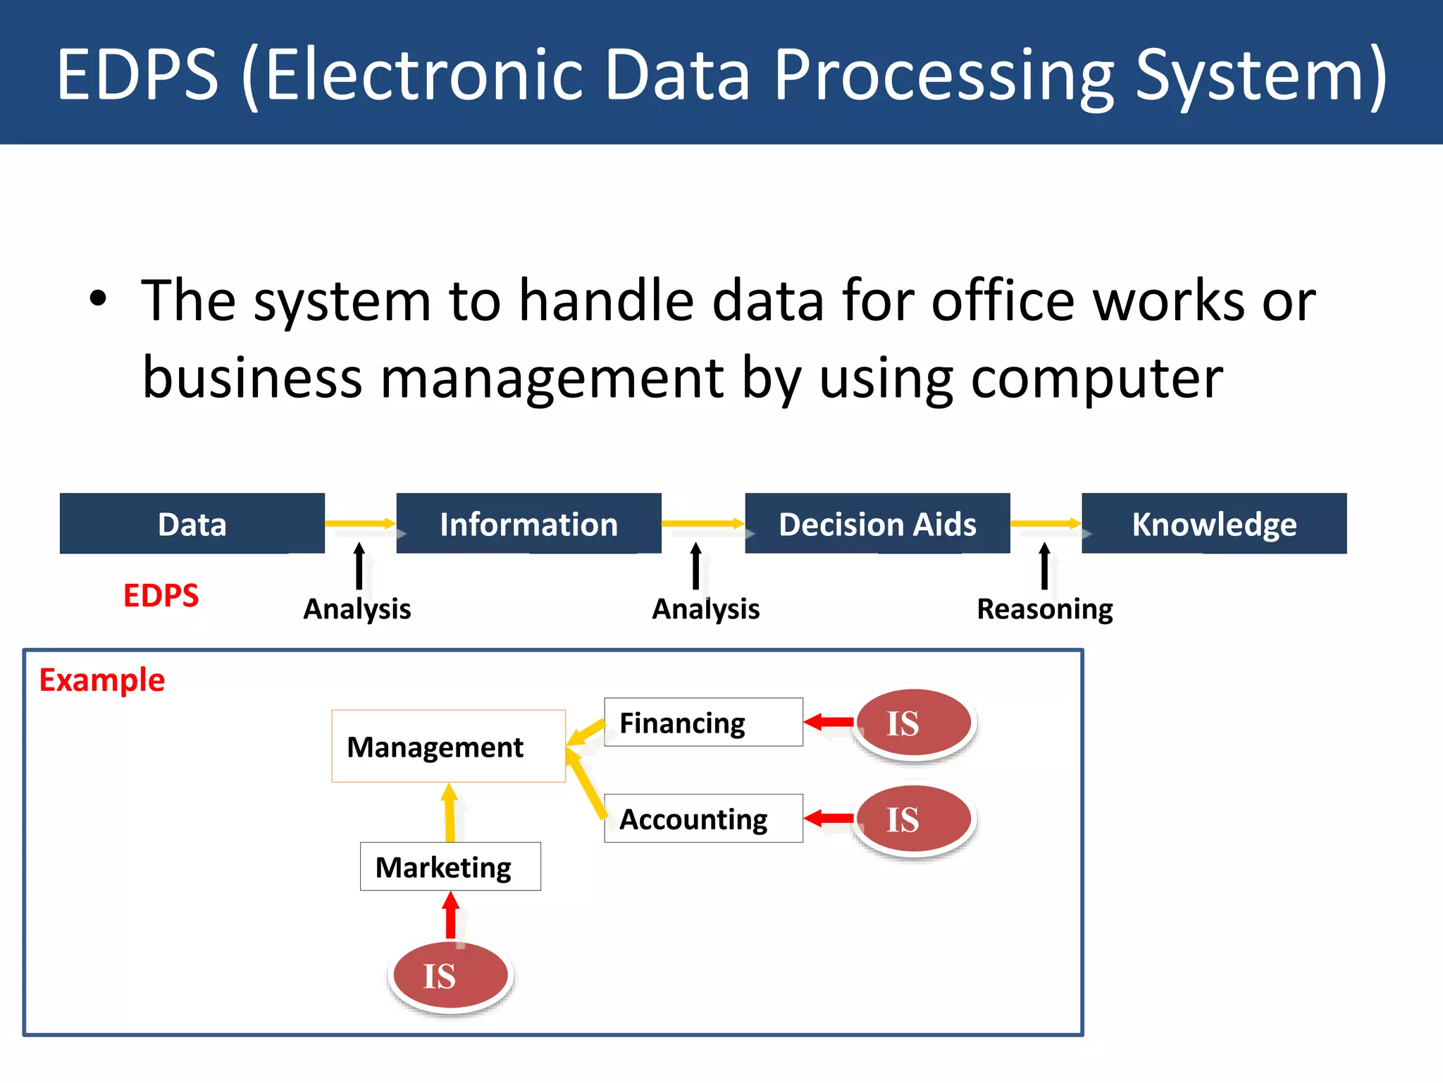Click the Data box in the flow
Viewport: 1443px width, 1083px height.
192,524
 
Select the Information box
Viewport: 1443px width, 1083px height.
528,524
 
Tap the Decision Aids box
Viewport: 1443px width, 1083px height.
877,524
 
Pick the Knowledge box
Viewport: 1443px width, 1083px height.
1213,524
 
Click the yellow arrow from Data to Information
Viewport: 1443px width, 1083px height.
359,523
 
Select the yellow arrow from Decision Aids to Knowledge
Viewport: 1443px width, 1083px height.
1045,523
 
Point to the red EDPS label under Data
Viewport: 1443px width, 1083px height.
161,596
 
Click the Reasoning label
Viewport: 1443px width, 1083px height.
1044,609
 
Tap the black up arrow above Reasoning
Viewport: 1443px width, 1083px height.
1044,565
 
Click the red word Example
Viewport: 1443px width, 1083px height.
101,680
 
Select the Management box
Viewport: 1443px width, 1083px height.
448,746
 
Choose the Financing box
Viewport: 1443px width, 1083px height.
703,723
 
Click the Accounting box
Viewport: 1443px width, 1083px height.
703,819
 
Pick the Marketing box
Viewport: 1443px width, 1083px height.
450,867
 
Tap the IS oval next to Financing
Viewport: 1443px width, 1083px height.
914,723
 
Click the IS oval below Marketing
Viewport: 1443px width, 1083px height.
450,976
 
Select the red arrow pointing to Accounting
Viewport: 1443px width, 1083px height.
829,819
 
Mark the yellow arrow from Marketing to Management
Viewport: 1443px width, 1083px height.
450,813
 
